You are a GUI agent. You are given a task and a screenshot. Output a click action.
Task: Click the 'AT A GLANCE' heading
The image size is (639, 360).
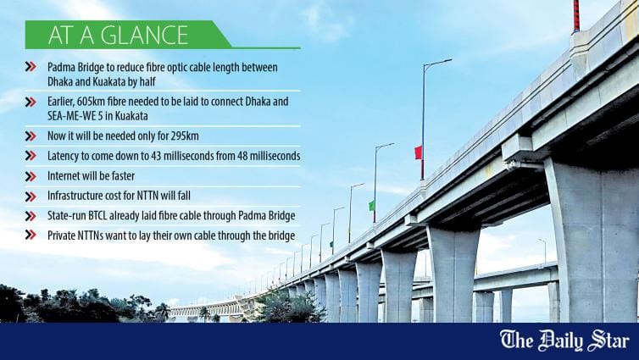pos(118,35)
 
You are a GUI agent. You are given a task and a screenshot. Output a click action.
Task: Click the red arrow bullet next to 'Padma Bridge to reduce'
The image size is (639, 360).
pos(31,66)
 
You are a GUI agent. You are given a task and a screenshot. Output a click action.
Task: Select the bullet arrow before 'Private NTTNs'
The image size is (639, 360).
pos(31,236)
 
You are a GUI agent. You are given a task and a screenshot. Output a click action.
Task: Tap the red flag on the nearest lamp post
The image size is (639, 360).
pos(418,152)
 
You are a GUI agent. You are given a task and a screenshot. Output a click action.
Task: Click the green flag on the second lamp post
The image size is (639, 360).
pos(371,205)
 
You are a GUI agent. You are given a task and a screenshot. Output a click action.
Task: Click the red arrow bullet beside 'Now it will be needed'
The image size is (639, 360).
pos(31,135)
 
